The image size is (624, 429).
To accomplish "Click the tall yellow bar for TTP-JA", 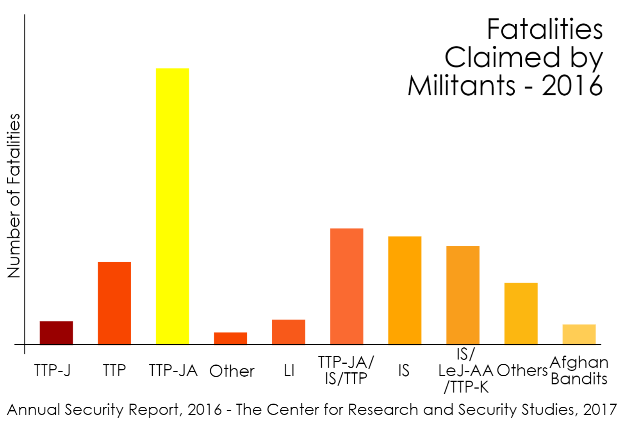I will [172, 206].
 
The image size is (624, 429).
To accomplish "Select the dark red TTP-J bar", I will [56, 333].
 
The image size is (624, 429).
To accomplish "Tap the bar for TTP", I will [114, 303].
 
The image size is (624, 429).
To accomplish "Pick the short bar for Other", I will [230, 338].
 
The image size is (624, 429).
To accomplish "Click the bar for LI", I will [289, 332].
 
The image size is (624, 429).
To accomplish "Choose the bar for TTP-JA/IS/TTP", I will [346, 286].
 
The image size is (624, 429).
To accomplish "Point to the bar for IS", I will [405, 290].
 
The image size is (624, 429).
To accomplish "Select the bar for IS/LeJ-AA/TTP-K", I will [463, 295].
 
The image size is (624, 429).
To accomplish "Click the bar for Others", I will [521, 313].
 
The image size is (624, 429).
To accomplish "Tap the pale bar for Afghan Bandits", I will [579, 334].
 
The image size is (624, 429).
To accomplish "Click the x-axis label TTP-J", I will [52, 370].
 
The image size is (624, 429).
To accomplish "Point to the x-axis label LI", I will [289, 370].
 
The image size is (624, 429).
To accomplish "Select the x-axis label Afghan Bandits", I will [579, 370].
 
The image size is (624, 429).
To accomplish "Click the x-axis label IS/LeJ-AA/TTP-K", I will [465, 370].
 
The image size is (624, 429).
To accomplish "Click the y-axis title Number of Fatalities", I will [14, 195].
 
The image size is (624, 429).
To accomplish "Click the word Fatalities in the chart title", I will [545, 29].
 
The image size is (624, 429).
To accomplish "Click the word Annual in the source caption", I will [34, 409].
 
